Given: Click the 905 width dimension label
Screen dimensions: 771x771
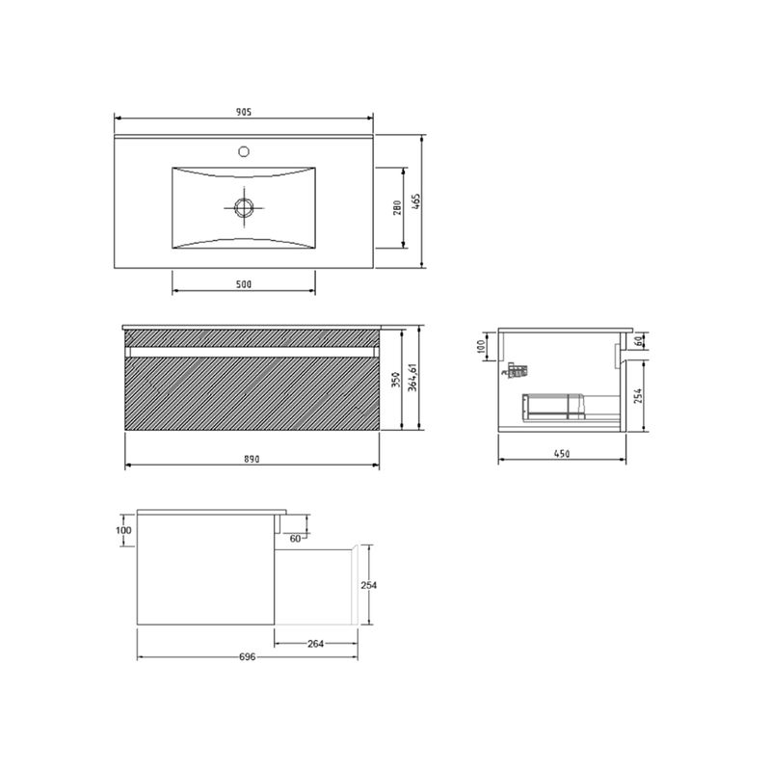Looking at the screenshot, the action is point(244,112).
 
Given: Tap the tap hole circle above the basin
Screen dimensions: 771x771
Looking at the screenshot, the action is point(244,151).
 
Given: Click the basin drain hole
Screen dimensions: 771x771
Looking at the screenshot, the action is point(244,207).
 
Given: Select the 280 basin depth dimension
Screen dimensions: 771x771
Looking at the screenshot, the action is point(397,207).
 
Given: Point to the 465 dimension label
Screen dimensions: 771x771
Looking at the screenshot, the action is point(416,201).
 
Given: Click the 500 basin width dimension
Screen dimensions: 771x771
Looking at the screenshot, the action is point(244,284).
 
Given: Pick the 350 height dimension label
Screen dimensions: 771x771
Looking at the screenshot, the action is point(396,380).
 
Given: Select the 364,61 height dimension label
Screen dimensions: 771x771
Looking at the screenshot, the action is point(412,378).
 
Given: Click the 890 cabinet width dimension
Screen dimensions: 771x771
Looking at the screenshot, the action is point(252,460).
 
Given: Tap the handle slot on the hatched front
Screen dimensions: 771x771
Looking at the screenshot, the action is point(252,352).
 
